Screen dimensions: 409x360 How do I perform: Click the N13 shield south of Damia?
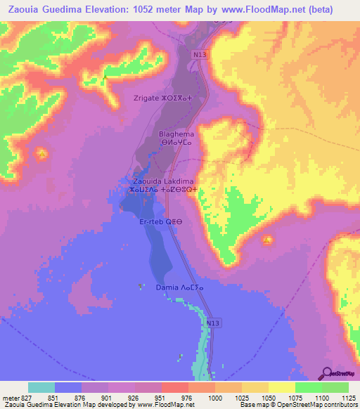(x=214, y=323)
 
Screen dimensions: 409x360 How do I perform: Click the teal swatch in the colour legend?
(x=41, y=387)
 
